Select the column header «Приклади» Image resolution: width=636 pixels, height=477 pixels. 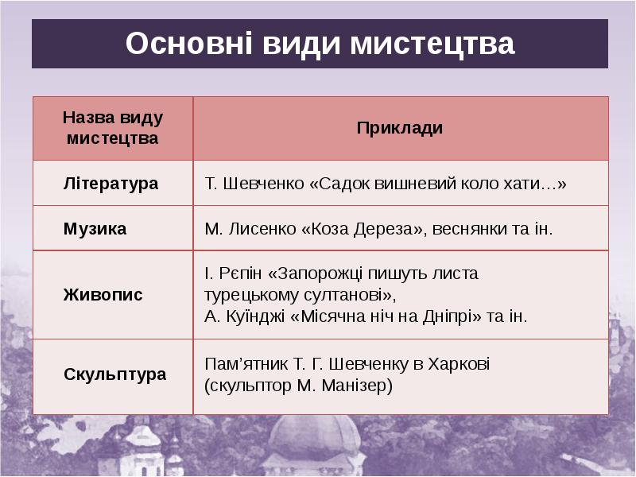tap(400, 128)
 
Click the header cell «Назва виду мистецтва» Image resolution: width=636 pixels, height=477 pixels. tap(112, 128)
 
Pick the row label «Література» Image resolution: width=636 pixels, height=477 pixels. tap(111, 184)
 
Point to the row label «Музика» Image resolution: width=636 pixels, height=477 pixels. tap(95, 229)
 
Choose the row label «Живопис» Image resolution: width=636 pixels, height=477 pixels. tap(103, 295)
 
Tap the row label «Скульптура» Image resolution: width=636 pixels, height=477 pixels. tap(114, 374)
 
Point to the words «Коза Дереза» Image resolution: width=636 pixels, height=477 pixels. tap(363, 229)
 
